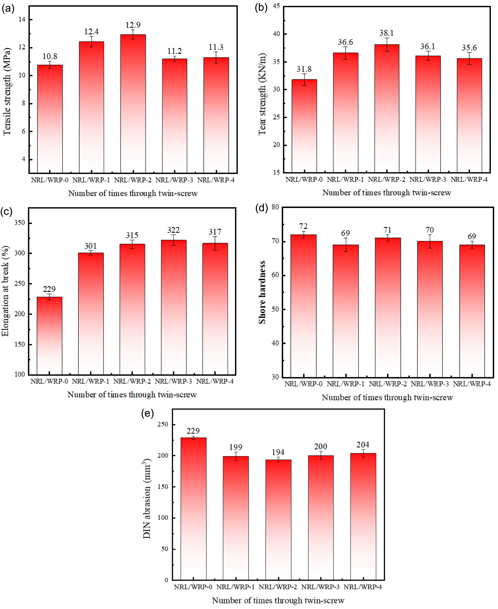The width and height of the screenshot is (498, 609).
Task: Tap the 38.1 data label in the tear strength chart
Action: (386, 33)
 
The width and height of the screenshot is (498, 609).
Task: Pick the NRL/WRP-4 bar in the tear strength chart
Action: (469, 115)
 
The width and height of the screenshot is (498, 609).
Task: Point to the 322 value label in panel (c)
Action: (173, 230)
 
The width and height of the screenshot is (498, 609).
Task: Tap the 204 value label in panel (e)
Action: (363, 445)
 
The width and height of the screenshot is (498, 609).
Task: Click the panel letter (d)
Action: (261, 208)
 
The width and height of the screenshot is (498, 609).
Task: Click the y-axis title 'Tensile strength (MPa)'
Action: (7, 91)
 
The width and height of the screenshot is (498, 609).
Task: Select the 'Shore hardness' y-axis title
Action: (262, 292)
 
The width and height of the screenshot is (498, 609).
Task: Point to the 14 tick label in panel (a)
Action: (22, 20)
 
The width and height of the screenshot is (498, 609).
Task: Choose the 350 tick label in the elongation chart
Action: (20, 223)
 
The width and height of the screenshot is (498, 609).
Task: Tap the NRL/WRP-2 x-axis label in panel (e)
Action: (278, 587)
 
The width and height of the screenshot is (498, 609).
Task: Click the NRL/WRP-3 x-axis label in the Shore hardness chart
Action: (429, 384)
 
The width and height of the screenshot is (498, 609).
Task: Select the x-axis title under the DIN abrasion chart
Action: (278, 600)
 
